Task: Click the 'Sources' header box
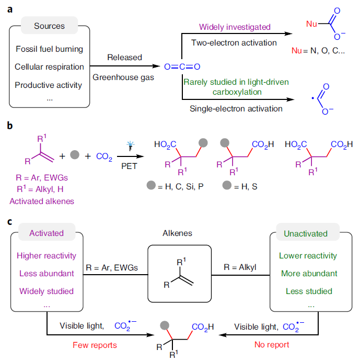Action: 50,26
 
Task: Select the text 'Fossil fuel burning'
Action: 49,49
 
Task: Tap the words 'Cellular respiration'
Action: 50,67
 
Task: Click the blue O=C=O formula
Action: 182,66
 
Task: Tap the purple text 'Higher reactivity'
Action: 46,256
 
